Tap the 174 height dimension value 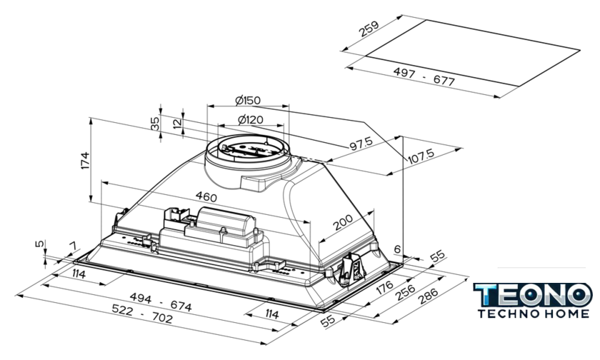coord(85,161)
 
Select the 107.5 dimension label coord(421,155)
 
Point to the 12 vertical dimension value coord(176,123)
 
